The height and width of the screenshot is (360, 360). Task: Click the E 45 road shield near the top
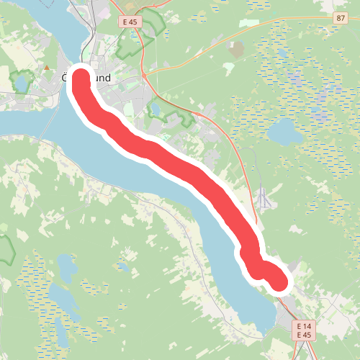coord(130,22)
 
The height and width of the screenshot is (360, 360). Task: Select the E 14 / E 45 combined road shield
coord(304,330)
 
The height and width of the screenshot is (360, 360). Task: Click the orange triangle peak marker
coord(47,68)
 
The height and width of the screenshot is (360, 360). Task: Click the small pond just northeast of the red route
coord(154,109)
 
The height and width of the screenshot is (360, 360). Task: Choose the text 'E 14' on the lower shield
coord(304,326)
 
